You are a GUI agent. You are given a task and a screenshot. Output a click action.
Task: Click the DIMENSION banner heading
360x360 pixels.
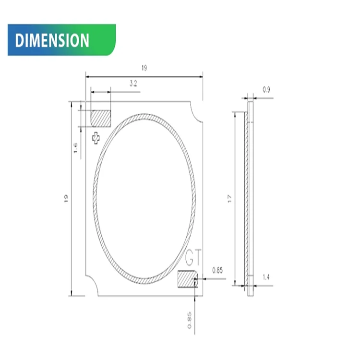[52, 40]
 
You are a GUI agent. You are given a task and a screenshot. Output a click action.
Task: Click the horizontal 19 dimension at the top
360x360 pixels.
[144, 68]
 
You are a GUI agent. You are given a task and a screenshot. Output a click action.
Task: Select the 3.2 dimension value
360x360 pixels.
[133, 83]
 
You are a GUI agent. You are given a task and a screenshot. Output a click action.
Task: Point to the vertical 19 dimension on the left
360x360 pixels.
[66, 198]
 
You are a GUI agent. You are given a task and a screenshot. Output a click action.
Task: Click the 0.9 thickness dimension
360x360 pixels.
[266, 90]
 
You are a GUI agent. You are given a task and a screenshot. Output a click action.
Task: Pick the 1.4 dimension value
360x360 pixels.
[266, 277]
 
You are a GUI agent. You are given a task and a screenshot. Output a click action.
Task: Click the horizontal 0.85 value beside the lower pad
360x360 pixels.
[217, 270]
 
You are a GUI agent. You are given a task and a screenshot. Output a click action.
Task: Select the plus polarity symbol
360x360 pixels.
[96, 138]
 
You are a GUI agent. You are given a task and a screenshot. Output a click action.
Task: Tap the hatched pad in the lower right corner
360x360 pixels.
[187, 278]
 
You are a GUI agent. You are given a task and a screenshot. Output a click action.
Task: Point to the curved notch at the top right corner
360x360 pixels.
[197, 114]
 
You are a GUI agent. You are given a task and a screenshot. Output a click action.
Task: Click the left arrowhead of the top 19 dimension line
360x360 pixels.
[88, 76]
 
